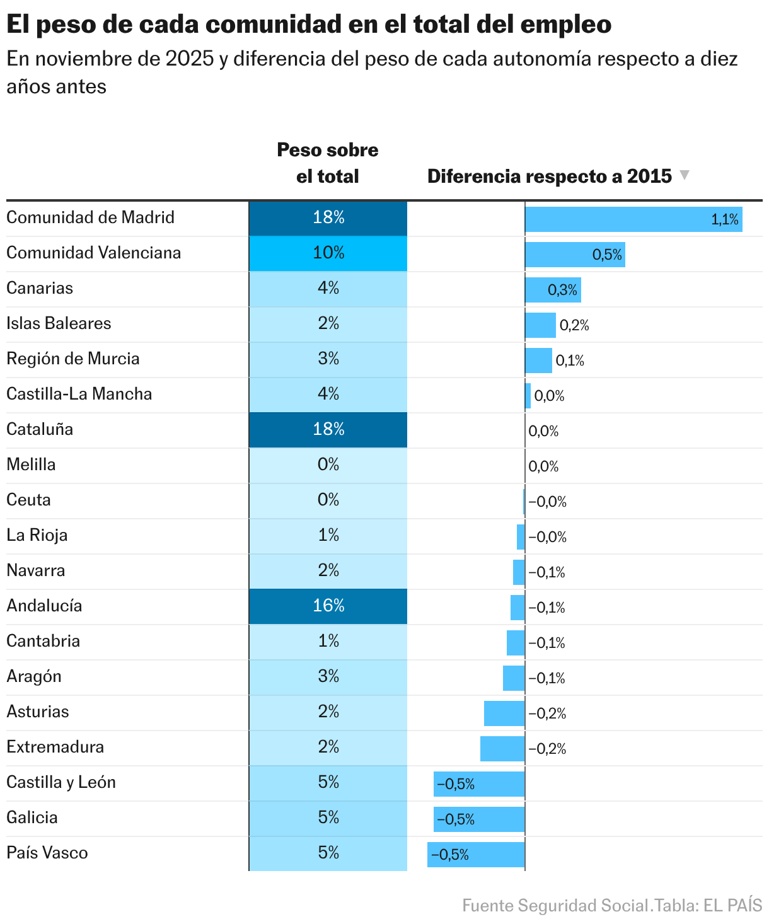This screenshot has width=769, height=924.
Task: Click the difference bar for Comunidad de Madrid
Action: [x=633, y=219]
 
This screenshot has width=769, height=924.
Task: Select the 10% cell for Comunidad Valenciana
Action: [x=328, y=253]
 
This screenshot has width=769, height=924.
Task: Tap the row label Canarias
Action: [x=40, y=289]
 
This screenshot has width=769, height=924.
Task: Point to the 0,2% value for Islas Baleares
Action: [x=574, y=325]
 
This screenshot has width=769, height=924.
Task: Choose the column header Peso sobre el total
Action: [x=328, y=163]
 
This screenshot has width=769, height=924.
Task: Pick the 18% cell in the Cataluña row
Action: [x=328, y=430]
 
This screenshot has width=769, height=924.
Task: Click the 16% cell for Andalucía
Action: [x=328, y=606]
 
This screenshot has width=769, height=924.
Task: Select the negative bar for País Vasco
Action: [x=476, y=855]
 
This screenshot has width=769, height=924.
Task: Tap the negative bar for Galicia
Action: [x=479, y=819]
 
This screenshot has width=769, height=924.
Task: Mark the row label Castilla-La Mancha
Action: [x=79, y=395]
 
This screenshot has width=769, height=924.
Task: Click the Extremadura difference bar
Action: [x=502, y=749]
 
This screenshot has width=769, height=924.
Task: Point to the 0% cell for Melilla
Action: [x=328, y=465]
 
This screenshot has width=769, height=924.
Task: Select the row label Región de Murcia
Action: [x=73, y=359]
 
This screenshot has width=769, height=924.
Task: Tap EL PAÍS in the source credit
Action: [x=732, y=906]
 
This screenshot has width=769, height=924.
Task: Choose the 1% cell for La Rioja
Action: [x=328, y=536]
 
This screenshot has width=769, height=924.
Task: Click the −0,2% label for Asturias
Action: [x=547, y=713]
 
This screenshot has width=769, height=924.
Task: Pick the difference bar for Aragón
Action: [x=514, y=678]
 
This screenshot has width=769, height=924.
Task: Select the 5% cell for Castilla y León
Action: [x=328, y=783]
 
